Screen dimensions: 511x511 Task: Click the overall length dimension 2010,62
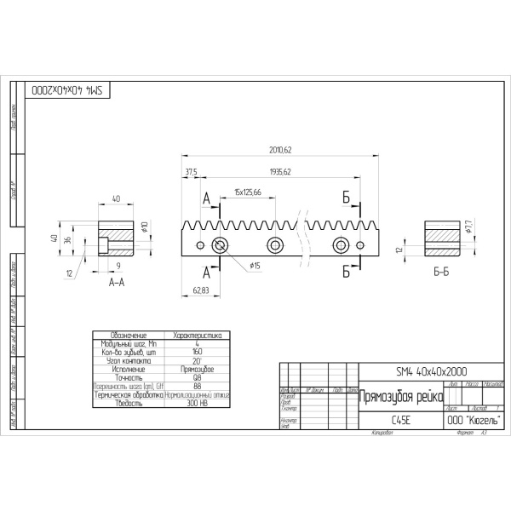[280, 151]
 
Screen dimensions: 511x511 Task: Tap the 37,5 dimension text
[191, 172]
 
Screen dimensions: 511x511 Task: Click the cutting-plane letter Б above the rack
[347, 198]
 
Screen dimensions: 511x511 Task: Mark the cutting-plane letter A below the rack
[207, 273]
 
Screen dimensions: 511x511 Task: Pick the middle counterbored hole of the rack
[275, 245]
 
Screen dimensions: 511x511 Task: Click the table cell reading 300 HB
[197, 404]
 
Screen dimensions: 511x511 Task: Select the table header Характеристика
[197, 336]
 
